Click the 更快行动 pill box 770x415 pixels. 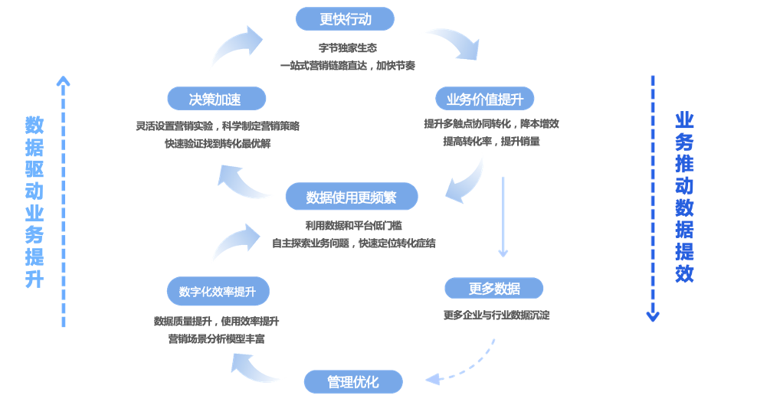click(x=345, y=19)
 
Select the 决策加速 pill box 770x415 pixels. click(x=216, y=99)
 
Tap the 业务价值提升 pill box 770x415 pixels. click(x=485, y=99)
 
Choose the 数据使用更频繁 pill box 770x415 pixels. click(x=352, y=197)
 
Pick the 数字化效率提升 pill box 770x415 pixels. click(x=218, y=292)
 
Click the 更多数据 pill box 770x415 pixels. click(x=494, y=289)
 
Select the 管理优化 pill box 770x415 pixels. click(x=353, y=381)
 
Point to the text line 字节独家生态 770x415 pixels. click(x=348, y=47)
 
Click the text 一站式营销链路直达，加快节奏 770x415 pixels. click(x=348, y=66)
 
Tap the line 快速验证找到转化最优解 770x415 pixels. click(x=218, y=143)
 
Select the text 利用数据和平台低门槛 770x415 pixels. click(x=353, y=225)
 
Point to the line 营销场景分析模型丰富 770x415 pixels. click(x=217, y=338)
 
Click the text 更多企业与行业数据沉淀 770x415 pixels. click(x=496, y=315)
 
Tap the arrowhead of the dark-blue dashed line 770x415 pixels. click(x=653, y=315)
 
